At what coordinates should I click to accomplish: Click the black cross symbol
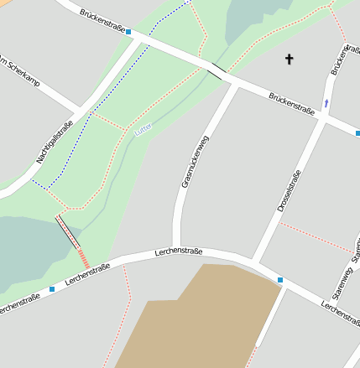290,59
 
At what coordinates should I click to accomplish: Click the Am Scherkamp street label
16,70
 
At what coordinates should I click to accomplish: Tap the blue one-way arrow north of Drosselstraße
326,103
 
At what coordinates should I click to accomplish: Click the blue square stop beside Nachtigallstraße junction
128,33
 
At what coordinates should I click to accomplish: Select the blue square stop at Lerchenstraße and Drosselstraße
280,279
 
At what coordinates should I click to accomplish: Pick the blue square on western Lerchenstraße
52,289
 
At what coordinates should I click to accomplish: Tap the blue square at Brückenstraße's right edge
357,132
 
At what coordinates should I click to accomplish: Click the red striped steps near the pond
83,257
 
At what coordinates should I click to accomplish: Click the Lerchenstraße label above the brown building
179,251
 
